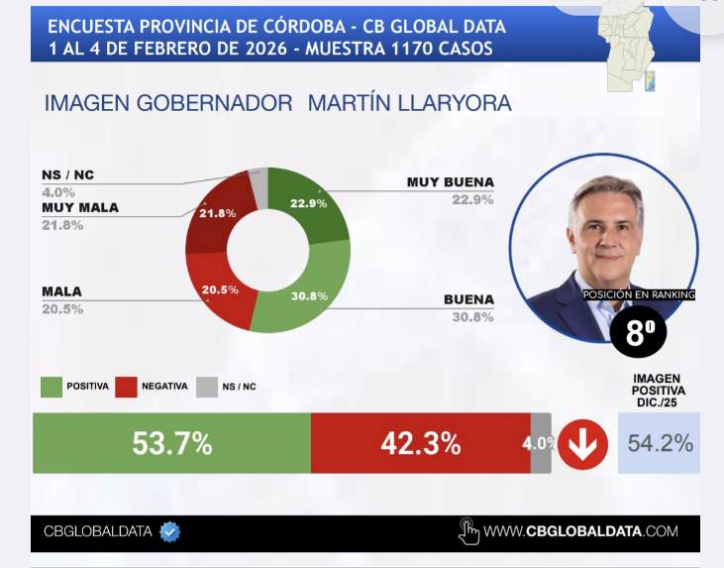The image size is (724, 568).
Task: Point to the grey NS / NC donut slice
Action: tap(259, 183)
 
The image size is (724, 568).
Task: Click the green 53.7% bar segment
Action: tap(171, 443)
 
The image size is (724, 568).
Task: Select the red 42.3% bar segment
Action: tap(420, 443)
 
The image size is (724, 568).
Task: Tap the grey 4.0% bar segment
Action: tap(541, 443)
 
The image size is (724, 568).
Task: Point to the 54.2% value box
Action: tap(659, 443)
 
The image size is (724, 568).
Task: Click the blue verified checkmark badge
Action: tap(170, 531)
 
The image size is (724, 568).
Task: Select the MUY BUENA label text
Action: tap(450, 182)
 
